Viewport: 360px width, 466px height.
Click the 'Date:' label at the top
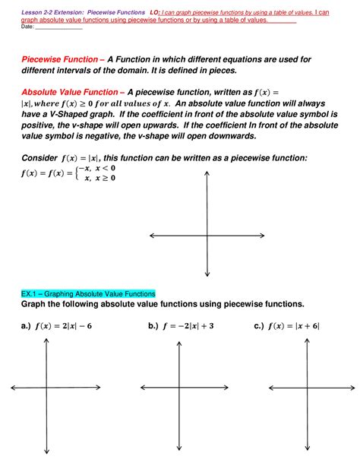[27, 27]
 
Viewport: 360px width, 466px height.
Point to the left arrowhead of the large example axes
[152, 236]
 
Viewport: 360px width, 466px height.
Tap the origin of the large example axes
[207, 236]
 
